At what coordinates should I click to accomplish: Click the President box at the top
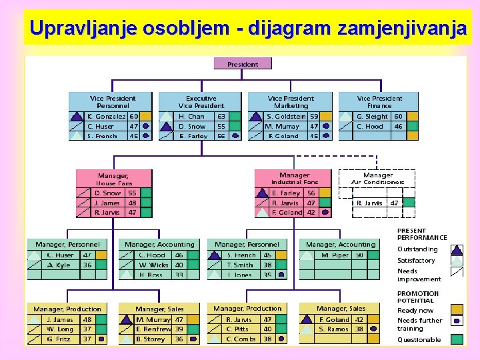click(x=243, y=64)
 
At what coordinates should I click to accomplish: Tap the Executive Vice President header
click(x=201, y=101)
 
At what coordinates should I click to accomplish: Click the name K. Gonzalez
click(x=107, y=116)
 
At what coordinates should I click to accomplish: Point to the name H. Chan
click(x=191, y=116)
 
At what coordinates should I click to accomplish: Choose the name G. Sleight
click(x=372, y=116)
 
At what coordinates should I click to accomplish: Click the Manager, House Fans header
click(x=114, y=179)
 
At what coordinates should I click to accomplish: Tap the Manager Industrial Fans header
click(x=294, y=178)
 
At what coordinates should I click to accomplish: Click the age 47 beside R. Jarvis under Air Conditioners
click(x=394, y=203)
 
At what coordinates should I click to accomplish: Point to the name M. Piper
click(x=335, y=255)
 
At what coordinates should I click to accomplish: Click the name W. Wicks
click(x=153, y=265)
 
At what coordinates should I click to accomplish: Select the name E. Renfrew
click(x=153, y=329)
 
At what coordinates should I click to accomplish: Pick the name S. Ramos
click(x=333, y=329)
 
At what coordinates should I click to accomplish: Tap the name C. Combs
click(x=241, y=339)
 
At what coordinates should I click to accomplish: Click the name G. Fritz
click(x=60, y=339)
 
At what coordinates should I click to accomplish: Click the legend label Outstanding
click(x=417, y=249)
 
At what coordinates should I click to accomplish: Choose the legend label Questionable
click(x=419, y=340)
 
